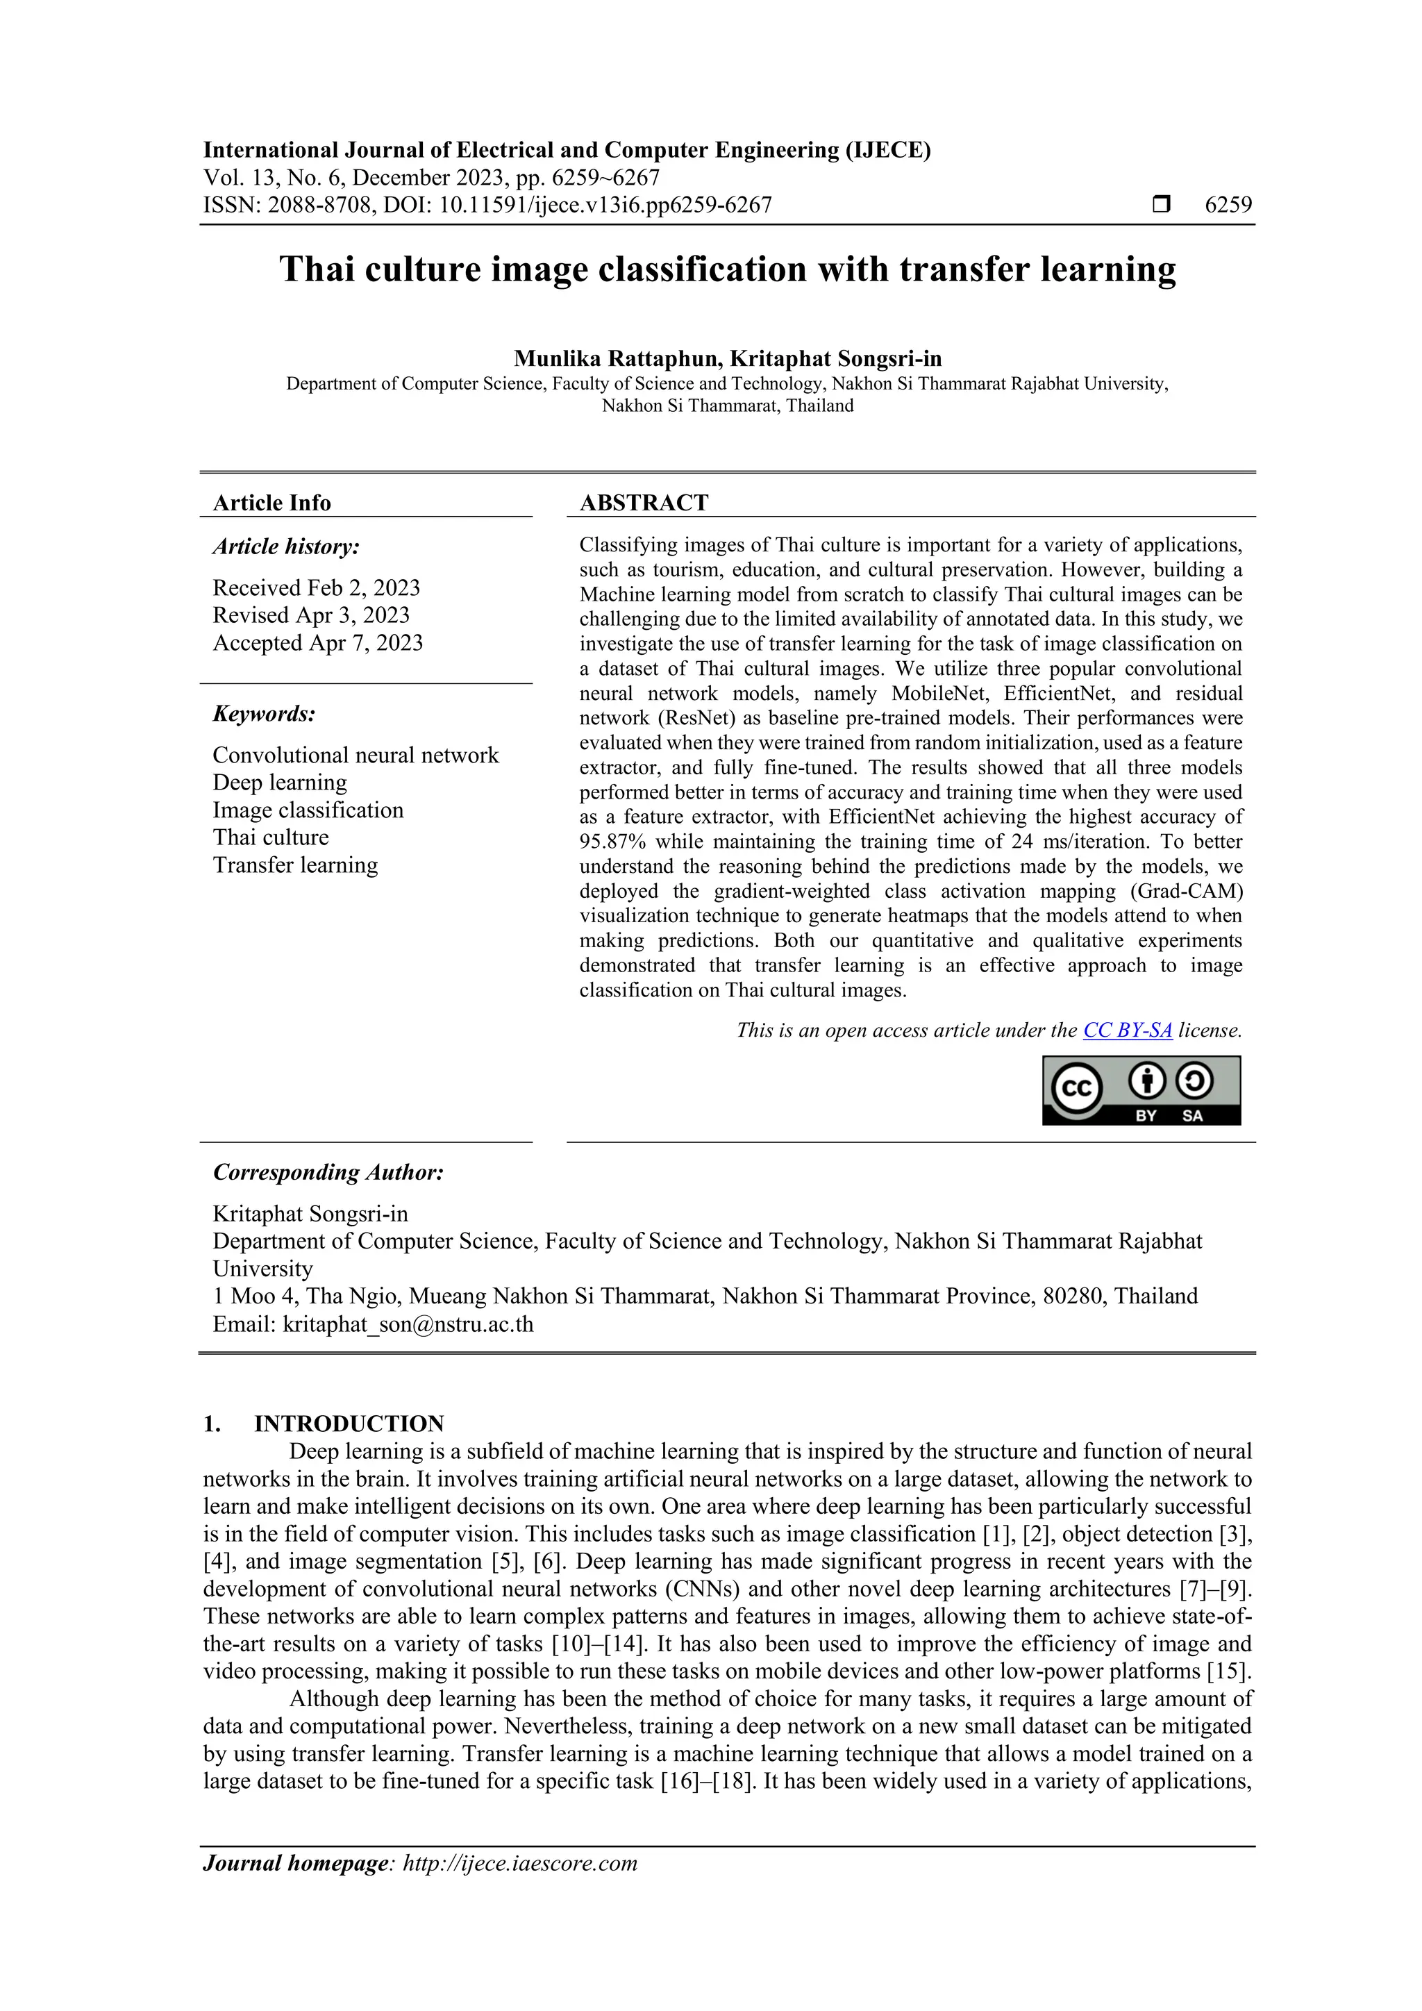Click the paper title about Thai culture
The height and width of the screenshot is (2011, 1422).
coord(727,269)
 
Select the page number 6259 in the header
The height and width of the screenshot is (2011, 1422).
coord(1228,205)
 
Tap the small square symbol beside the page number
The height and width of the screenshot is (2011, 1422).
coord(1161,205)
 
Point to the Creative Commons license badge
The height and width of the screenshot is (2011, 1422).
coord(1141,1090)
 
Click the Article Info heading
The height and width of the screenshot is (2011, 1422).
coord(271,503)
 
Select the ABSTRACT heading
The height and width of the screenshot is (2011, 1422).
coord(644,503)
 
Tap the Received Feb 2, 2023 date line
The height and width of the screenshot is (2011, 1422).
coord(316,587)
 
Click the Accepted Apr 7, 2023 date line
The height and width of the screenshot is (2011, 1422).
coord(317,643)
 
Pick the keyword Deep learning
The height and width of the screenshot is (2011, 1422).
coord(279,782)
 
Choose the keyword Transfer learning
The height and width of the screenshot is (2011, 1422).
coord(295,865)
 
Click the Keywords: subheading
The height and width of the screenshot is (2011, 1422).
coord(264,714)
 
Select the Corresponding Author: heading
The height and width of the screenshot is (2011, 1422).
coord(328,1172)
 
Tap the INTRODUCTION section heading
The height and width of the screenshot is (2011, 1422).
coord(349,1424)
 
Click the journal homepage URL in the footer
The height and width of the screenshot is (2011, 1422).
coord(519,1863)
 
